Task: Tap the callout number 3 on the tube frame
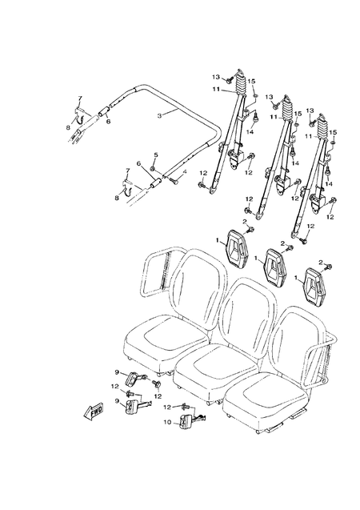pos(160,116)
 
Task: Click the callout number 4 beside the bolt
pos(155,155)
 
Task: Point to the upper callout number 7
pos(80,98)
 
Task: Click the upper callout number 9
pos(117,372)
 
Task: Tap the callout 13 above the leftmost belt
pos(215,76)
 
